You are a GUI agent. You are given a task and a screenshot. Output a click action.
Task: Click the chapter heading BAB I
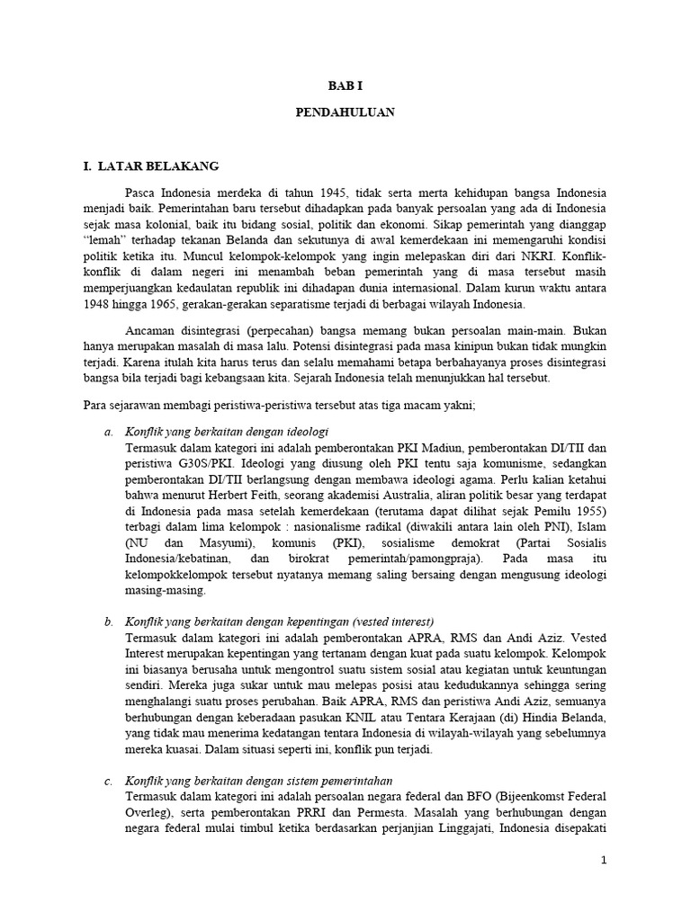(345, 85)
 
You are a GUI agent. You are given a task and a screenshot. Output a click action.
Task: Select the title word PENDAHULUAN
(345, 114)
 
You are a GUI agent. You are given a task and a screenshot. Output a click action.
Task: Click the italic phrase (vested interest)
(393, 621)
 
